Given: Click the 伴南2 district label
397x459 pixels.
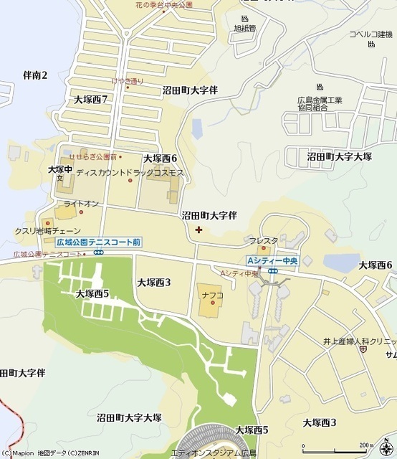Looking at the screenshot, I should (x=34, y=75).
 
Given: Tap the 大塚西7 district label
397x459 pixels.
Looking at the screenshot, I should (x=90, y=99).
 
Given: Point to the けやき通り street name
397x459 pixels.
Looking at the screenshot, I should (x=128, y=81).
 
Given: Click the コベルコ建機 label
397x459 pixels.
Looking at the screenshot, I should (x=371, y=34).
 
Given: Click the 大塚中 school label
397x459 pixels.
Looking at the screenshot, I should (x=60, y=169).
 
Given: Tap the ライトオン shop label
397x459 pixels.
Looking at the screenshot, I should (x=81, y=204).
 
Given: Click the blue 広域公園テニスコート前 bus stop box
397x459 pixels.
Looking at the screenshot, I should (x=98, y=242).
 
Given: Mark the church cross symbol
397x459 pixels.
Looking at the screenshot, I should (x=198, y=229).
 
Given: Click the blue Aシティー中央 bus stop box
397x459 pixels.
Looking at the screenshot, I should (x=272, y=260).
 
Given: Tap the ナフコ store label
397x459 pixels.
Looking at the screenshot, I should (x=212, y=294).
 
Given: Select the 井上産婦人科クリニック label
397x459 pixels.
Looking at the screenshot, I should (x=363, y=344).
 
